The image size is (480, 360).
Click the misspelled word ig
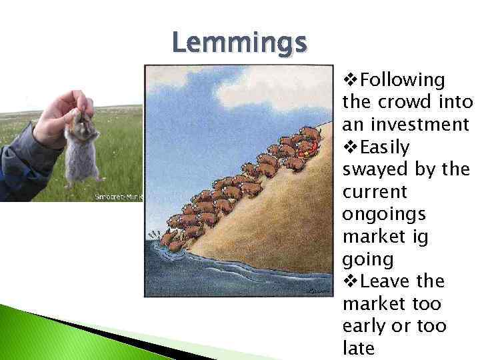point(421,237)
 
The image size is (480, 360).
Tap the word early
point(365,326)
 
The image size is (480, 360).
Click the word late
point(359,348)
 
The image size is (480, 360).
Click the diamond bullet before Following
point(350,81)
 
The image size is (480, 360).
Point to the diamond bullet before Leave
point(350,281)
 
